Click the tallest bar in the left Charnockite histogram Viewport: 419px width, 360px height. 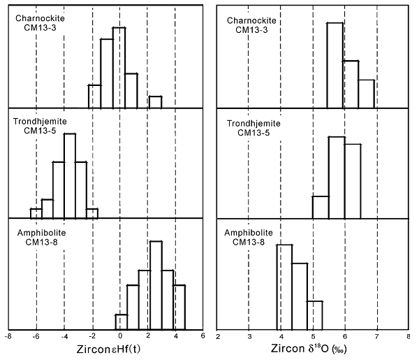pyautogui.click(x=119, y=69)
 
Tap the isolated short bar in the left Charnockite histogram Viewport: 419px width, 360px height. pyautogui.click(x=155, y=102)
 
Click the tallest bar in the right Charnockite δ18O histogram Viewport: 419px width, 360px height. pyautogui.click(x=335, y=66)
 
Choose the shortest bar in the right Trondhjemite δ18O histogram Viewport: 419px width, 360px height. pyautogui.click(x=321, y=207)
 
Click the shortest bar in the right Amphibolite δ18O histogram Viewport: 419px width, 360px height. pyautogui.click(x=315, y=315)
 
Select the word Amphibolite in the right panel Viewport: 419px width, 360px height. pyautogui.click(x=247, y=232)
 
